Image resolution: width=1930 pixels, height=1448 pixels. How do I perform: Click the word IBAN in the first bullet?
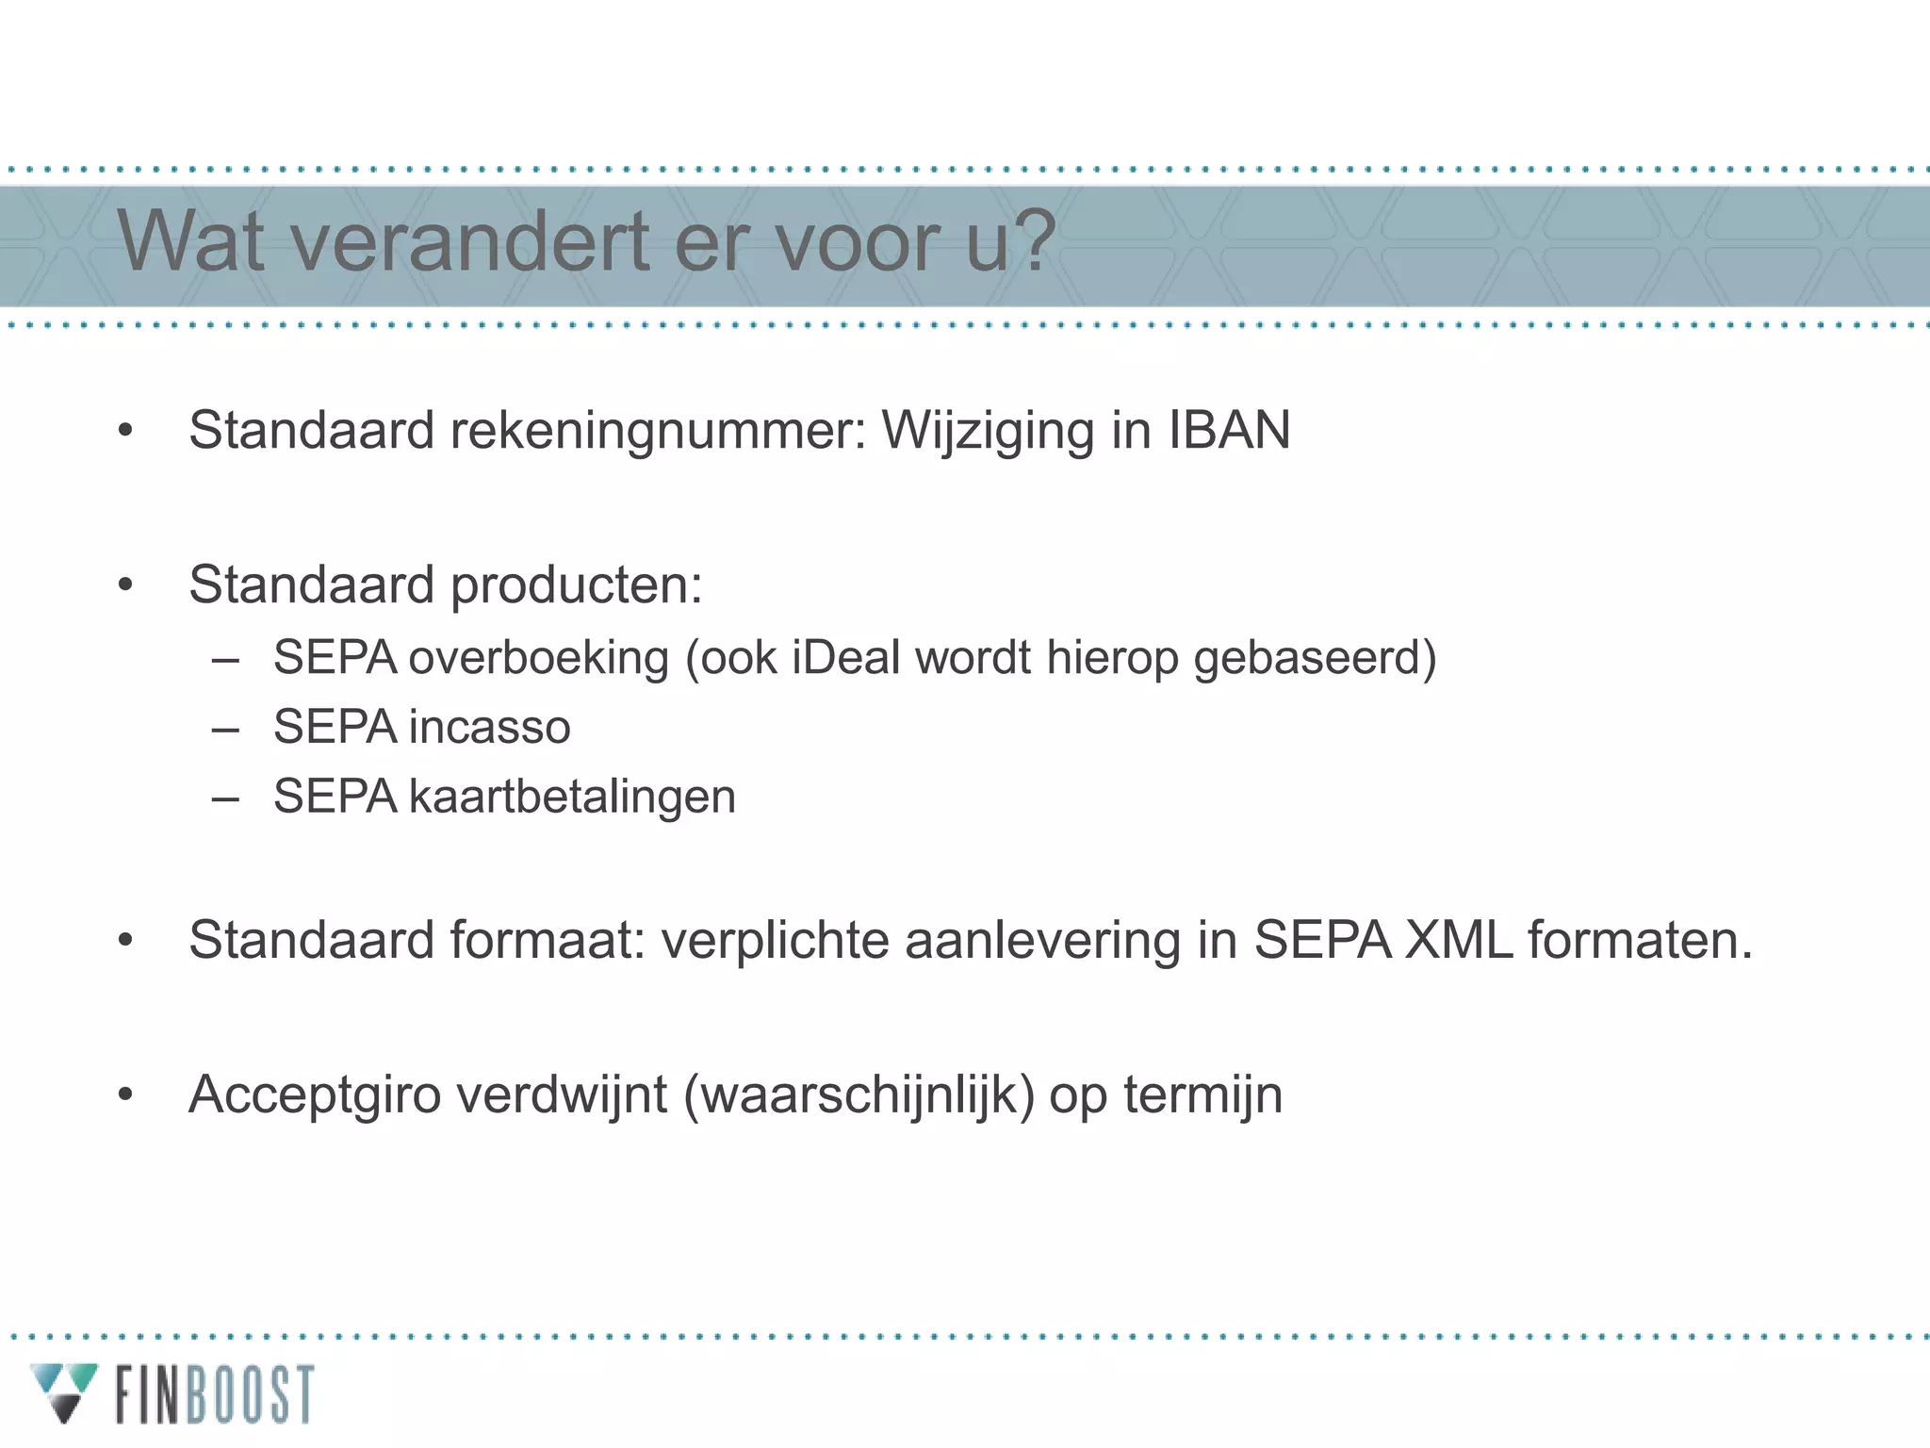(1229, 431)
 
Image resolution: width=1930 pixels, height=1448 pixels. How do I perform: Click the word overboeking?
(538, 657)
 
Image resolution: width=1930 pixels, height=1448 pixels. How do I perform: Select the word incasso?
(489, 727)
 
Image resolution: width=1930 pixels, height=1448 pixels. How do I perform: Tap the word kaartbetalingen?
(571, 797)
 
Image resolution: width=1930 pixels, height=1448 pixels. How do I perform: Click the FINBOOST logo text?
(215, 1394)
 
